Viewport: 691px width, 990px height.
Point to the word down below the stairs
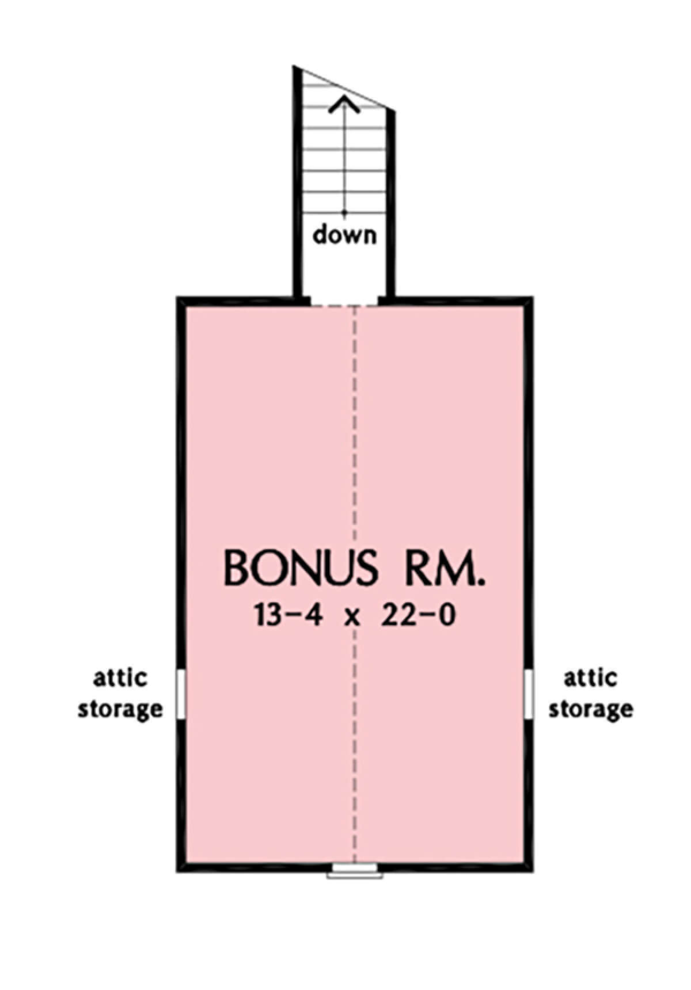[x=344, y=234]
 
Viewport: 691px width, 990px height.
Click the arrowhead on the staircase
[x=344, y=104]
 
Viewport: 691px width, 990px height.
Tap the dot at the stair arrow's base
[x=344, y=212]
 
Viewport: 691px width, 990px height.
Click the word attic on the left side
[x=120, y=677]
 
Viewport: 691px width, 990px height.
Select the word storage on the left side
[x=120, y=709]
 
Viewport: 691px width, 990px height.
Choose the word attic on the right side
[x=590, y=677]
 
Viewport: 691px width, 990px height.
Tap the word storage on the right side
[x=590, y=709]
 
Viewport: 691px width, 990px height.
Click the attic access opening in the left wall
[x=181, y=694]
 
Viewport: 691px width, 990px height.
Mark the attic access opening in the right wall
[x=528, y=694]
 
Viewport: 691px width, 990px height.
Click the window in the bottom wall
[x=355, y=887]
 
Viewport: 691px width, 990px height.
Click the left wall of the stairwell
[x=298, y=182]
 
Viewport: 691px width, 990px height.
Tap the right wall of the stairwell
[x=391, y=204]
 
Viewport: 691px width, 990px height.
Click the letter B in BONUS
[x=236, y=568]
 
